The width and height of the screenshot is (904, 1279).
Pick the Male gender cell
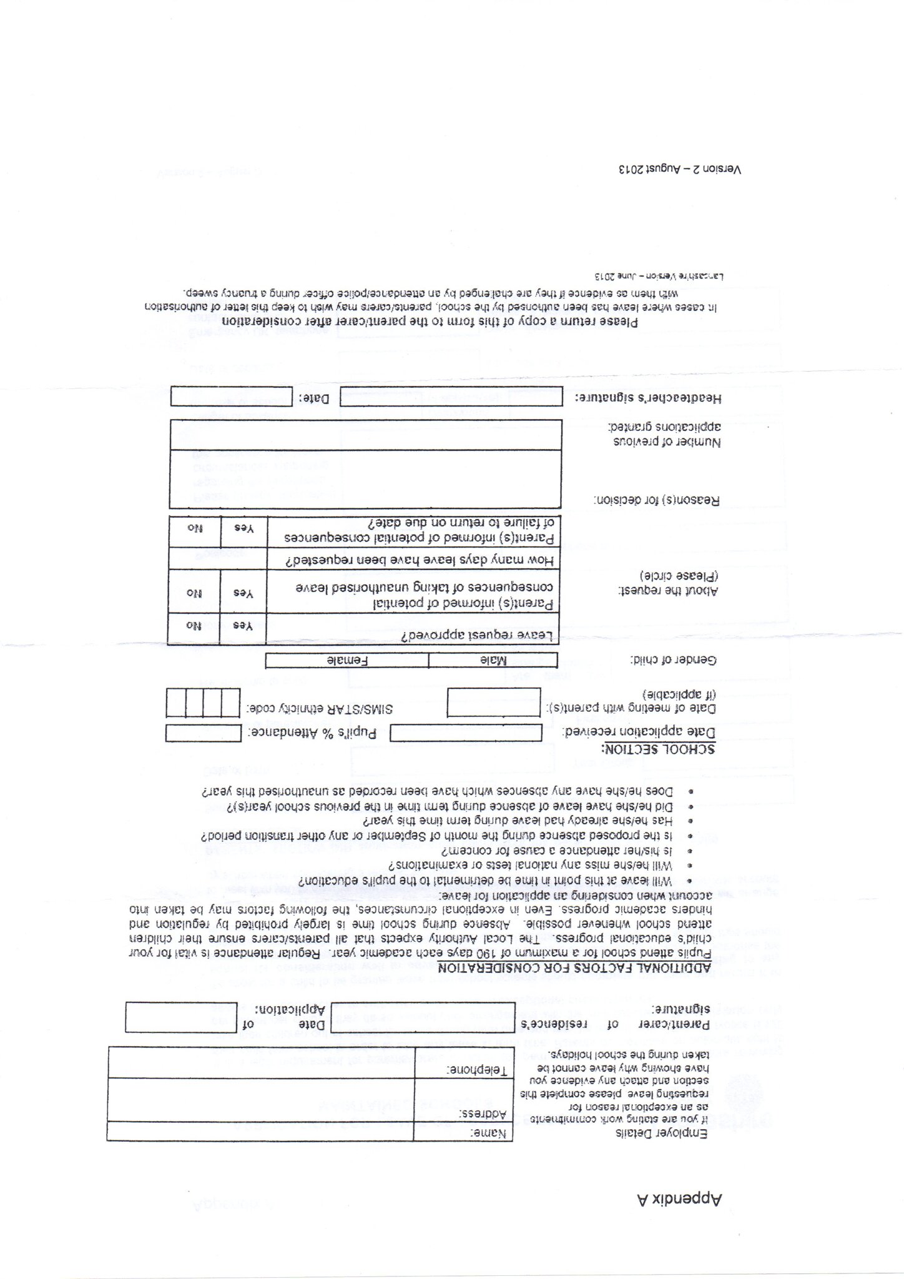coord(493,660)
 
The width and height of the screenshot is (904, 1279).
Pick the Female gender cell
coord(347,660)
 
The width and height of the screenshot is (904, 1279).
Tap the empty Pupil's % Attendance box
coord(203,733)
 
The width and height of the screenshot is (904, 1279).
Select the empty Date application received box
coord(466,733)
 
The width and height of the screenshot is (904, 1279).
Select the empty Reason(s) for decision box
coord(365,479)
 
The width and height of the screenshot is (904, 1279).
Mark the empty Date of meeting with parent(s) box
coord(494,702)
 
